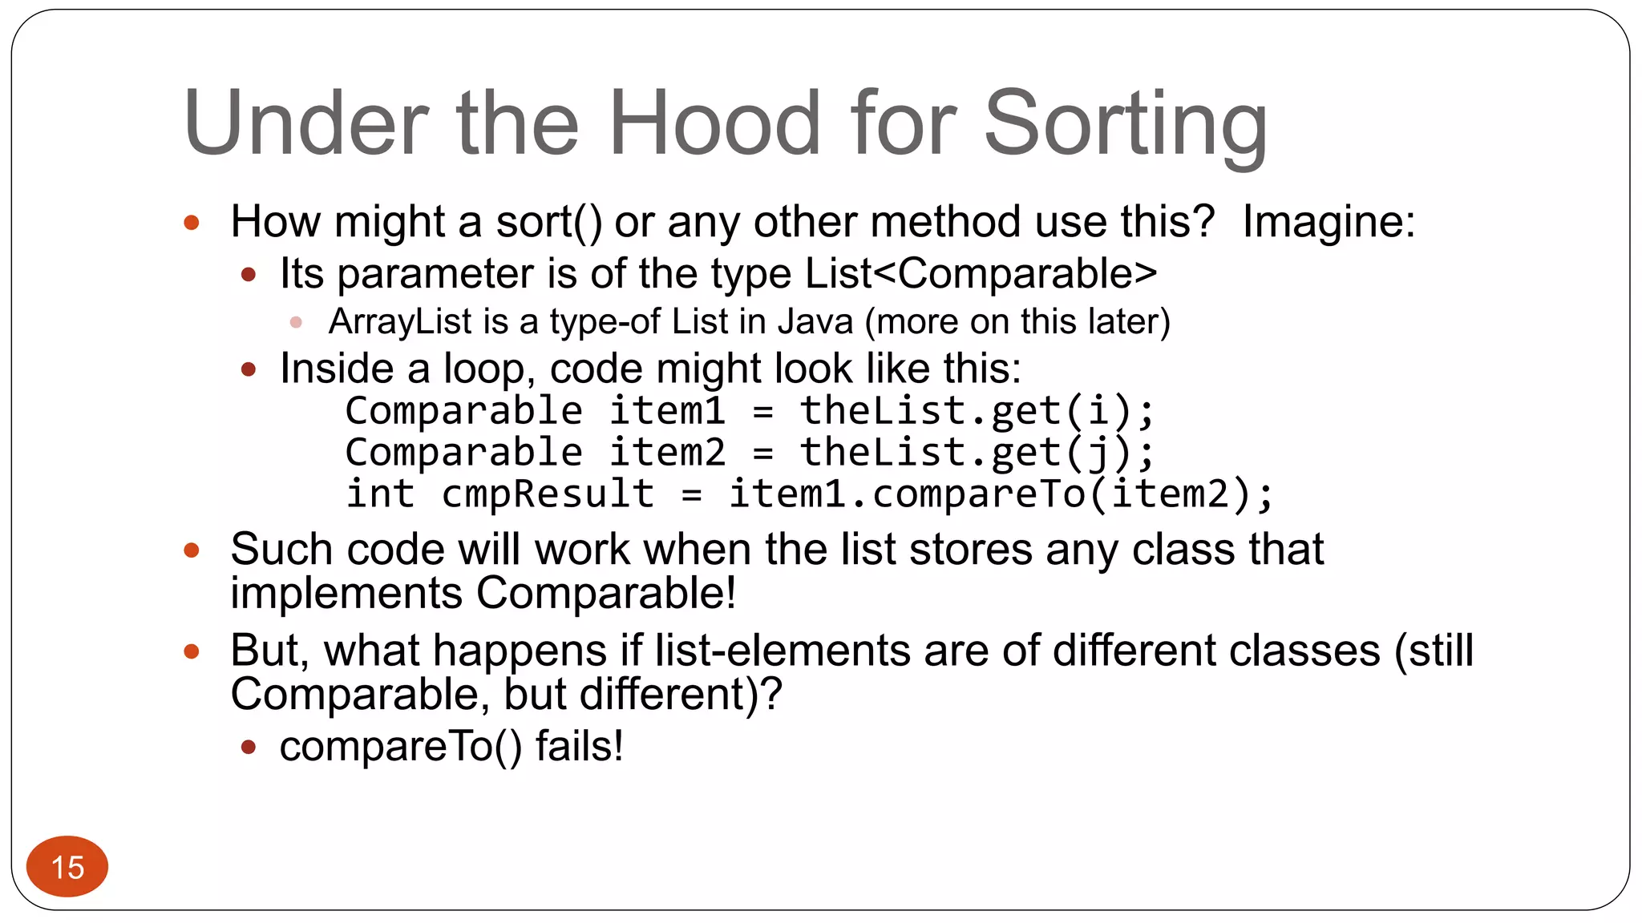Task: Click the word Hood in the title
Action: [x=714, y=124]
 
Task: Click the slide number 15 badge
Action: [x=67, y=867]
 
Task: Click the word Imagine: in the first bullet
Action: [x=1329, y=222]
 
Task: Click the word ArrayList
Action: [x=400, y=322]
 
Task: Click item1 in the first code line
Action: [x=667, y=411]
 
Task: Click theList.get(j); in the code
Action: [x=977, y=453]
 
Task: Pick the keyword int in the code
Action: [x=380, y=494]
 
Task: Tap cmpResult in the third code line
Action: [x=548, y=494]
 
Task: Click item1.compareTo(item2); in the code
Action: [x=1000, y=494]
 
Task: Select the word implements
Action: [x=346, y=594]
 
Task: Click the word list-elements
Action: [x=782, y=651]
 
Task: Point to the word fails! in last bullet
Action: [x=579, y=747]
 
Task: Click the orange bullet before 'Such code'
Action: [x=191, y=550]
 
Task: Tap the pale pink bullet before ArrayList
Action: [x=296, y=322]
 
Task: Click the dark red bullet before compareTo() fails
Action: [x=249, y=748]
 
